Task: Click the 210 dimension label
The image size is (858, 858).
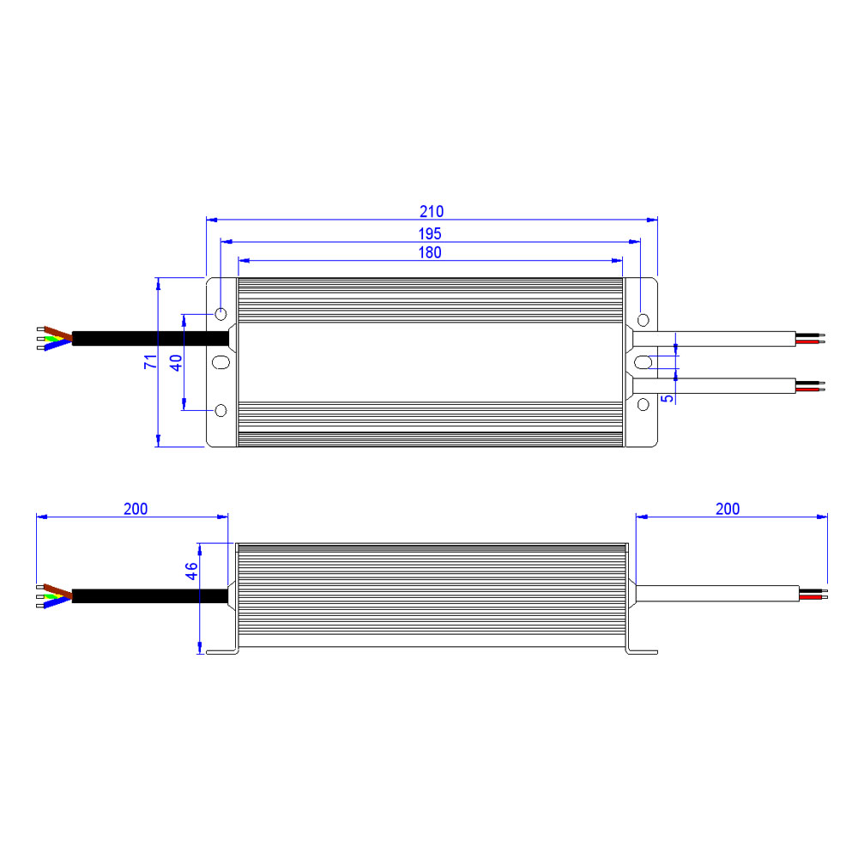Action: pyautogui.click(x=432, y=211)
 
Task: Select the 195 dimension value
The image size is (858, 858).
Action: pyautogui.click(x=430, y=233)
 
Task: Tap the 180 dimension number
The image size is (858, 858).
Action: pyautogui.click(x=430, y=252)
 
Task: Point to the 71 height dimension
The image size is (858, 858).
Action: pyautogui.click(x=150, y=361)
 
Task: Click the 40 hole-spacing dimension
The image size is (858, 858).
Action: pyautogui.click(x=176, y=363)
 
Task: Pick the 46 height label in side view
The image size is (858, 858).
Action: pyautogui.click(x=191, y=571)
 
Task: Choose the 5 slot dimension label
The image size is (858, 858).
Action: pyautogui.click(x=667, y=398)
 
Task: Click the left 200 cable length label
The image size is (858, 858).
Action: pyautogui.click(x=136, y=509)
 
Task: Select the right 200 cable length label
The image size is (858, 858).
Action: pyautogui.click(x=728, y=509)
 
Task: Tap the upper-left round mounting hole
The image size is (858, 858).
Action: pyautogui.click(x=221, y=314)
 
